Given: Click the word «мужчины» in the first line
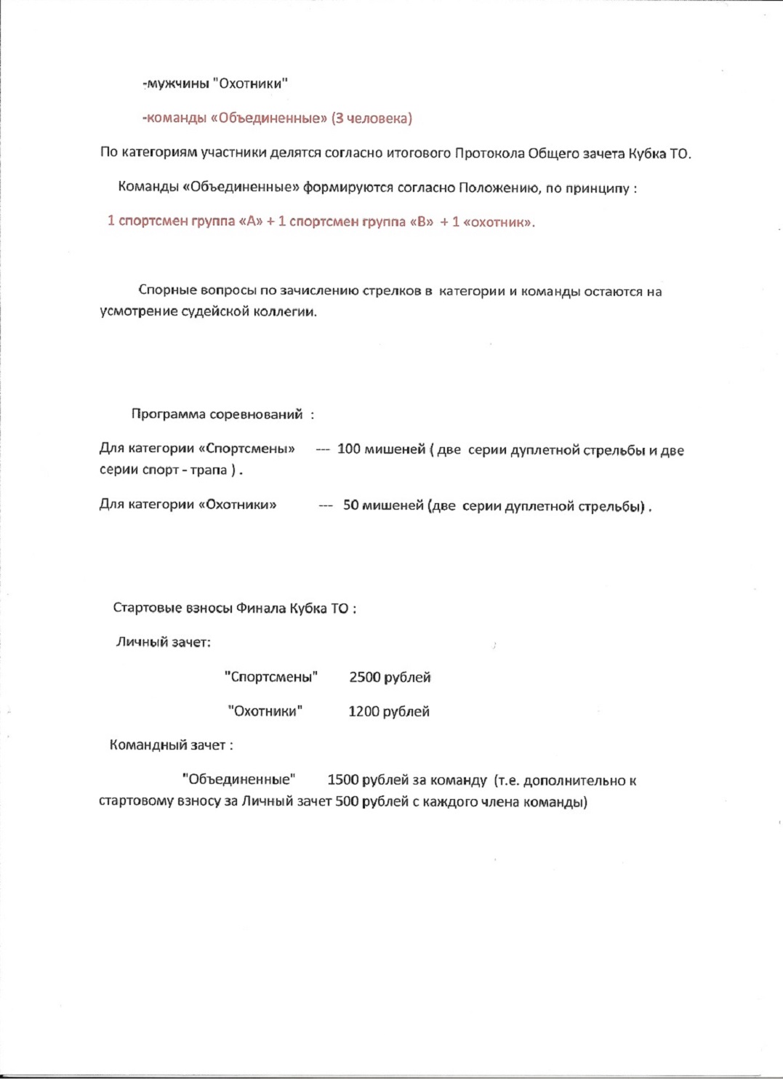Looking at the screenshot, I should pyautogui.click(x=177, y=84).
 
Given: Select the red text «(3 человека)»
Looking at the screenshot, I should pyautogui.click(x=372, y=119).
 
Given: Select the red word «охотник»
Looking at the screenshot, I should pyautogui.click(x=499, y=222).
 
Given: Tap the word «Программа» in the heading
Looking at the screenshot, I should pyautogui.click(x=168, y=414).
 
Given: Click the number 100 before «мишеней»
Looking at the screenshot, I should pyautogui.click(x=348, y=449).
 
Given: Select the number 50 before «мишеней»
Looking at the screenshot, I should pyautogui.click(x=351, y=505).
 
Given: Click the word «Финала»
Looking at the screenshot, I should pyautogui.click(x=261, y=609).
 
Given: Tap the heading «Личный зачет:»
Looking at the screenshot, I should pyautogui.click(x=164, y=642).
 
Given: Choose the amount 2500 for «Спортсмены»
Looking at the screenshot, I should pyautogui.click(x=365, y=678).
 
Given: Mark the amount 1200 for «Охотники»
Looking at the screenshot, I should pyautogui.click(x=364, y=712).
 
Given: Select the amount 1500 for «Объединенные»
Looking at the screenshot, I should pyautogui.click(x=343, y=780).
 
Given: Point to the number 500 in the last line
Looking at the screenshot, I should pyautogui.click(x=347, y=802).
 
